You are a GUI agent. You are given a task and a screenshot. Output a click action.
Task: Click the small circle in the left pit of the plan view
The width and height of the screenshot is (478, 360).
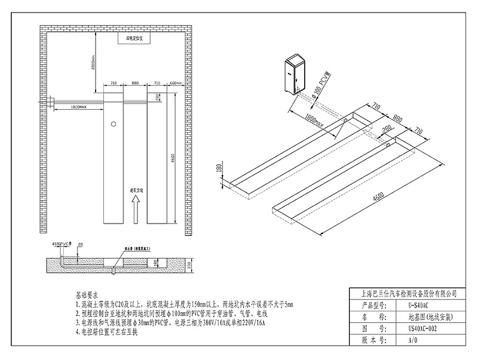113,125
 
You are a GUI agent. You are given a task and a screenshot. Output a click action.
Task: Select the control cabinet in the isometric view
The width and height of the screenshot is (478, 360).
296,75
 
